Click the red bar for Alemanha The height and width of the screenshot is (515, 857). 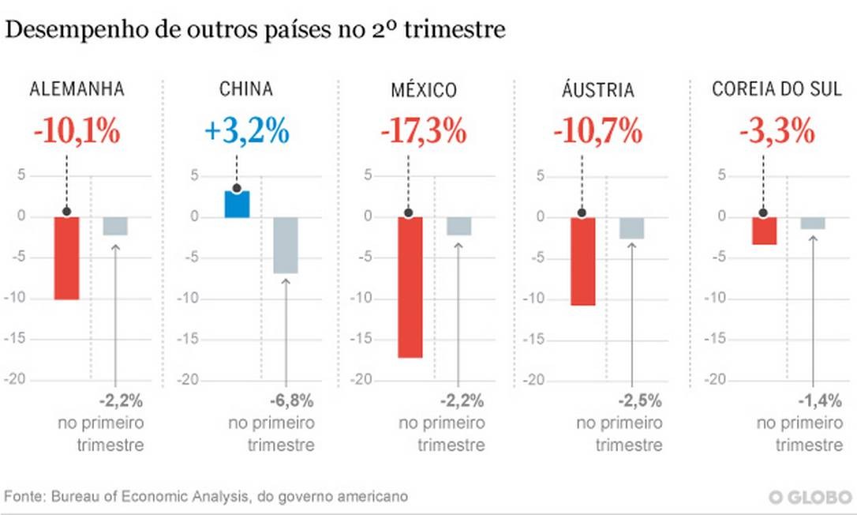pyautogui.click(x=66, y=258)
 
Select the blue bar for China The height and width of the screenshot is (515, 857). pyautogui.click(x=237, y=205)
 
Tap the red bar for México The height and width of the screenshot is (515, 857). pyautogui.click(x=410, y=287)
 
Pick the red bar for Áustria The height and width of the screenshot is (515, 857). pyautogui.click(x=582, y=261)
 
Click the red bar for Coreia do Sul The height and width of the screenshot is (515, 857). pyautogui.click(x=764, y=231)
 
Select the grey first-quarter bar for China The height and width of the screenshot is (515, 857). pyautogui.click(x=286, y=245)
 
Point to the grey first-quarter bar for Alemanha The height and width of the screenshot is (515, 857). pyautogui.click(x=115, y=226)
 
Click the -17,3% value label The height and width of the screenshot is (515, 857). pyautogui.click(x=423, y=131)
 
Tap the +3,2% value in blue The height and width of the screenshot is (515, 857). pyautogui.click(x=246, y=131)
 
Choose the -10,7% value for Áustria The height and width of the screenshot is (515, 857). pyautogui.click(x=597, y=131)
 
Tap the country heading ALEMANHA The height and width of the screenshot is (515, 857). pyautogui.click(x=77, y=89)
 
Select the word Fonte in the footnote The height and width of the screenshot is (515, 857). pyautogui.click(x=24, y=497)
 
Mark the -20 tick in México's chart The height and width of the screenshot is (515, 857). pyautogui.click(x=361, y=380)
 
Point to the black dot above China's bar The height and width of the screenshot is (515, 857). pyautogui.click(x=237, y=189)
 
